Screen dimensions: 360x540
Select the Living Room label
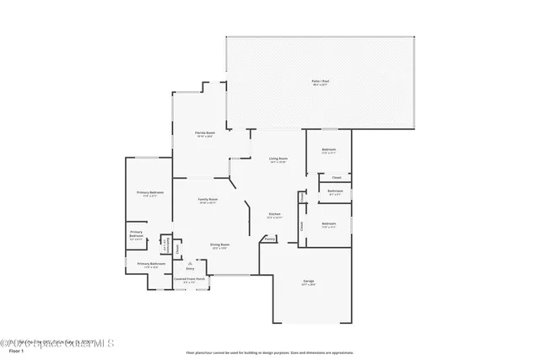tap(278, 159)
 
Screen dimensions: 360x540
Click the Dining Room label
tap(220, 245)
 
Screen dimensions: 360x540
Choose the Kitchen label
tap(274, 215)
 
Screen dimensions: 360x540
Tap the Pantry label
tap(269, 239)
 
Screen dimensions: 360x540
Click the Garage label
tap(309, 282)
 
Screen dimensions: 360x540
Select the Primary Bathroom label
tap(149, 265)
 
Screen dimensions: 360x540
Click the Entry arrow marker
tap(177, 263)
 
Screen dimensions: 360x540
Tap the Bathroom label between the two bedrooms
tap(334, 192)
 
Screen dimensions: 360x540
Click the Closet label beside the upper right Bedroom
tap(336, 177)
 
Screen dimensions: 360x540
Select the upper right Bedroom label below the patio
tap(328, 150)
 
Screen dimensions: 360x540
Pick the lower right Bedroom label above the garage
tap(328, 225)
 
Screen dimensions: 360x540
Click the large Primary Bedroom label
tap(150, 194)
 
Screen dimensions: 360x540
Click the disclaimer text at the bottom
tap(270, 352)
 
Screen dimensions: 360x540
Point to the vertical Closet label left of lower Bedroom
tap(302, 225)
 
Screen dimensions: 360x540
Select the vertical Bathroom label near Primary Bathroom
tap(169, 245)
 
